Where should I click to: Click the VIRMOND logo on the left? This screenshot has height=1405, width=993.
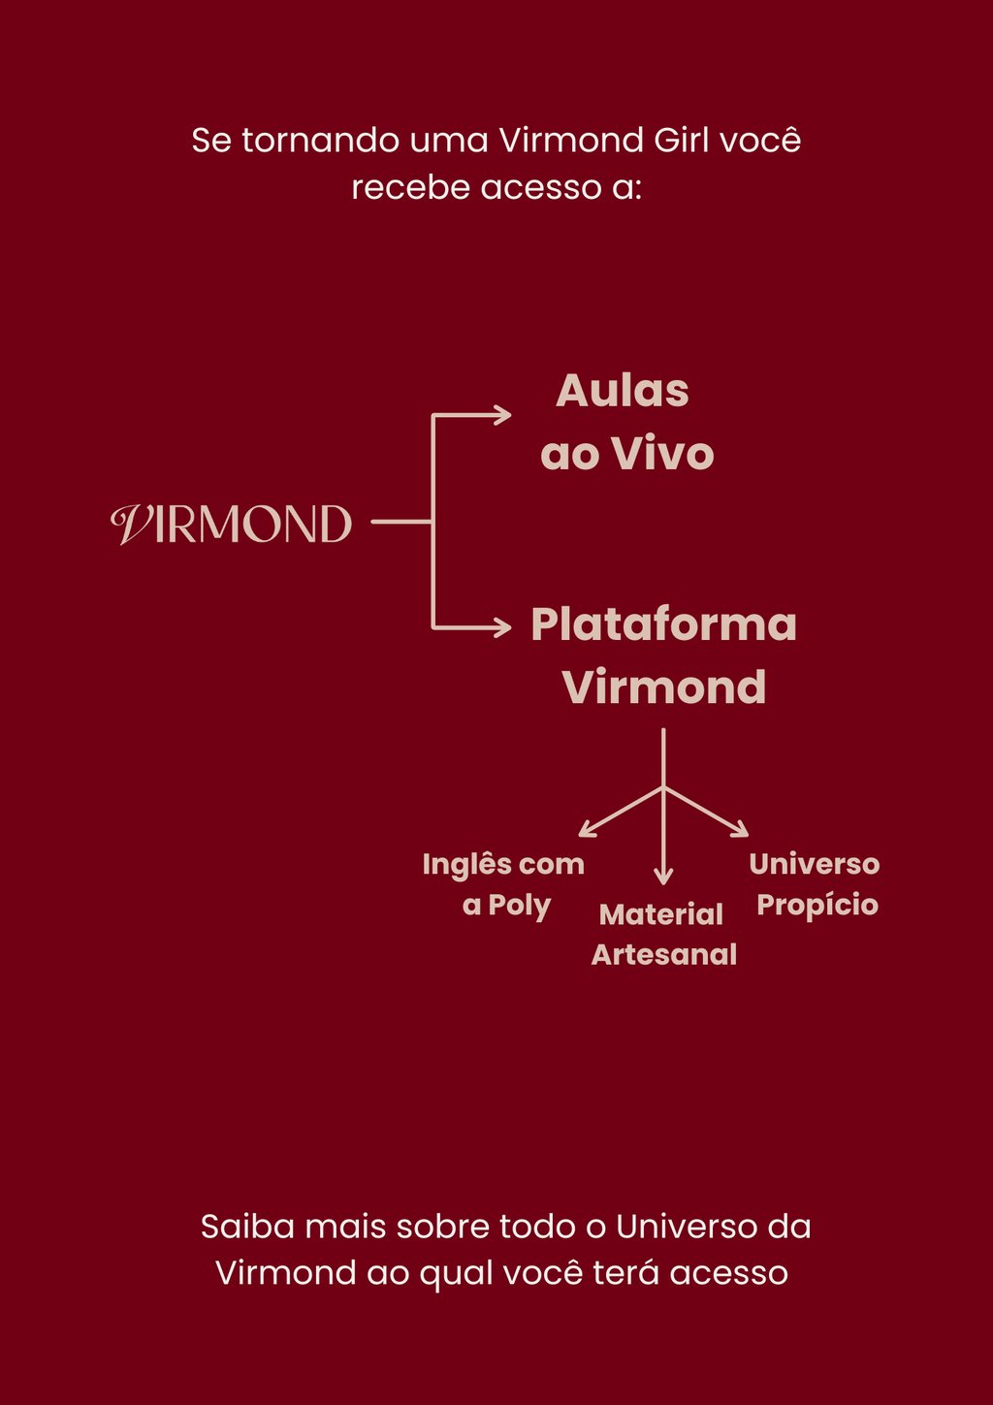coord(231,524)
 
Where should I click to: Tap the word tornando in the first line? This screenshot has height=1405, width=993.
coord(320,141)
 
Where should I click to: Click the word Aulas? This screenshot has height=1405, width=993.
coord(623,392)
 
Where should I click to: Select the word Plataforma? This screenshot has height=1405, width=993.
coord(663,624)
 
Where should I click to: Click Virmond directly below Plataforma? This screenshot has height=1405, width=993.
coord(664,687)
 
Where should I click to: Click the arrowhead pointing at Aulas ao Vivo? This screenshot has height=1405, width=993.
coord(503,415)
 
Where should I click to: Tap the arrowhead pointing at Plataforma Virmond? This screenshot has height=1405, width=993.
coord(503,627)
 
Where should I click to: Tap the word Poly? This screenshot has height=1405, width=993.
coord(519,906)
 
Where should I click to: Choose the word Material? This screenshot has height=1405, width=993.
coord(661,914)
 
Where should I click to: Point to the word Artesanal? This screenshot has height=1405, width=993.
coord(664,955)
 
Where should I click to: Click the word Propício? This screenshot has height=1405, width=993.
coord(817,906)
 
